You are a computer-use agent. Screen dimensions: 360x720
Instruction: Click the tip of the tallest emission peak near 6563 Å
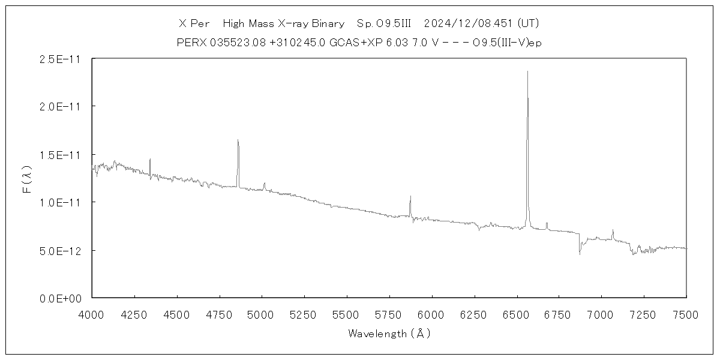point(527,71)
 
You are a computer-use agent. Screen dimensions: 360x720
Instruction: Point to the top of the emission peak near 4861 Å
point(238,140)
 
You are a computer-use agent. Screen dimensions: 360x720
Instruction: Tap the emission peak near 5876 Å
point(410,196)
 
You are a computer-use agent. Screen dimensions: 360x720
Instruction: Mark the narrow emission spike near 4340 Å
point(150,159)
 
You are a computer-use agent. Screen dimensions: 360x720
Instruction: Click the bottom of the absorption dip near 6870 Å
point(580,254)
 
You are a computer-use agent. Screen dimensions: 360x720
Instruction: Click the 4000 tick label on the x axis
point(92,313)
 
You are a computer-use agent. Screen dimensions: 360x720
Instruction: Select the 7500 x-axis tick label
point(686,313)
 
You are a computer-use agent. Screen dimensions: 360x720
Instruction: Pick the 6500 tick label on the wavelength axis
point(517,313)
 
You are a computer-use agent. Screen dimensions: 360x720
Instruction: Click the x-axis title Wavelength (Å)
point(389,334)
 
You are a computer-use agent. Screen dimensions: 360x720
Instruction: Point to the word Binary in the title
point(328,23)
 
